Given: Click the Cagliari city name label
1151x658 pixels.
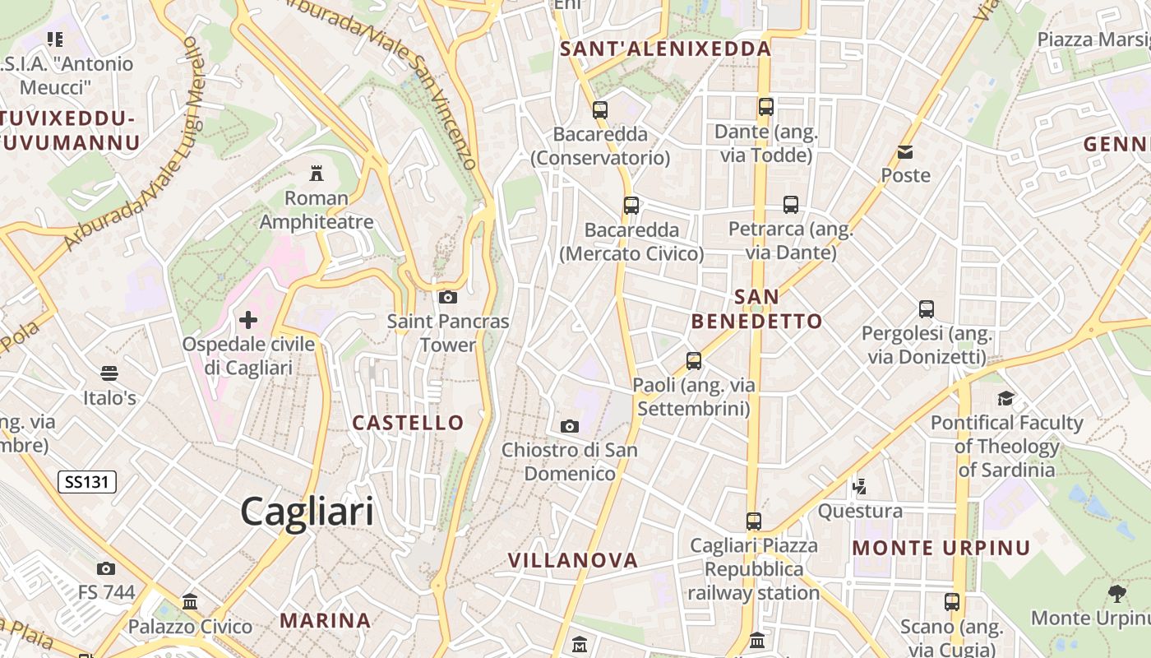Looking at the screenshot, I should pyautogui.click(x=307, y=512).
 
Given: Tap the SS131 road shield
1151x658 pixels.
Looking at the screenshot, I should pyautogui.click(x=86, y=482).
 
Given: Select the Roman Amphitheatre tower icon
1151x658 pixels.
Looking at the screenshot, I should pyautogui.click(x=317, y=173).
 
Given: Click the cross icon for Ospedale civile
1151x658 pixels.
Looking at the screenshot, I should pyautogui.click(x=248, y=319).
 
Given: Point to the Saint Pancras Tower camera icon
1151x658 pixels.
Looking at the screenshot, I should pyautogui.click(x=448, y=297).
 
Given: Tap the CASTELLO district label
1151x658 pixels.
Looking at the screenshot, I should pyautogui.click(x=408, y=423).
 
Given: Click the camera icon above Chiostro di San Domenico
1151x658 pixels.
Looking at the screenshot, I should pyautogui.click(x=569, y=426).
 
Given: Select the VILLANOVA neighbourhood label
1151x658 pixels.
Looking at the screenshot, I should pyautogui.click(x=573, y=561).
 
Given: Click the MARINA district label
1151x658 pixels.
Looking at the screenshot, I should pyautogui.click(x=326, y=620).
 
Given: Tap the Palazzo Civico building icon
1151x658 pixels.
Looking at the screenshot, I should pyautogui.click(x=190, y=602).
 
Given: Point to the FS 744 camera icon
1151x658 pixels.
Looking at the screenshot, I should pyautogui.click(x=106, y=568).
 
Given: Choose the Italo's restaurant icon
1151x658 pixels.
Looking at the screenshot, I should pyautogui.click(x=109, y=373).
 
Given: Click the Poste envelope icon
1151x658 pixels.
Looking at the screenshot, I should pyautogui.click(x=905, y=151).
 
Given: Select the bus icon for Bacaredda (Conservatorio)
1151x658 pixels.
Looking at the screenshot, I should pyautogui.click(x=600, y=109).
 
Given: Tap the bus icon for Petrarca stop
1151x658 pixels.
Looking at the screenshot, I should pyautogui.click(x=791, y=205).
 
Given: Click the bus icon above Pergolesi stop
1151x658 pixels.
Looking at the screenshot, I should pyautogui.click(x=927, y=309).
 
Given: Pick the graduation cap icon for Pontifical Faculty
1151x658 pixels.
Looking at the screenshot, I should pyautogui.click(x=1005, y=399).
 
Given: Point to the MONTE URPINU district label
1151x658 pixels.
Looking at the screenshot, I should pyautogui.click(x=941, y=548).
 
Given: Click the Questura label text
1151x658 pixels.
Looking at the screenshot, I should pyautogui.click(x=860, y=512).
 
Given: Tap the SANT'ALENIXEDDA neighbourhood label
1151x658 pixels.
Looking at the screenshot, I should pyautogui.click(x=666, y=49).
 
